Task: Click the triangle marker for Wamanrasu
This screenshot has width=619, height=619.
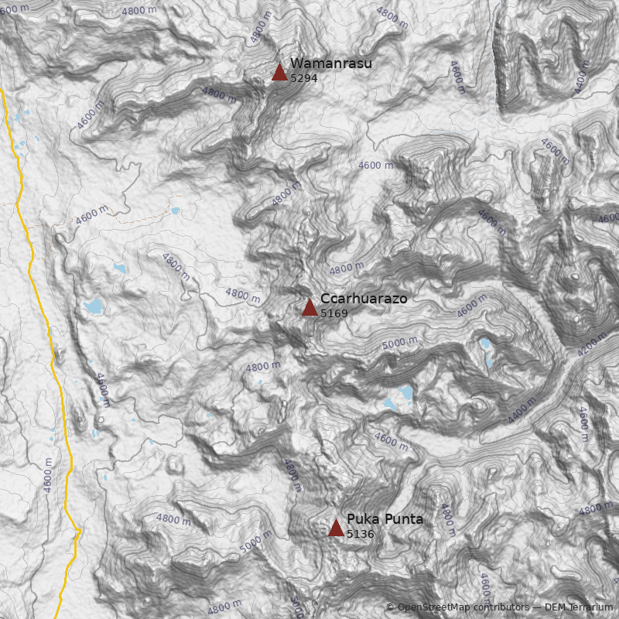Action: pos(279,72)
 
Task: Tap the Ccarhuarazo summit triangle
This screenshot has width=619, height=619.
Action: pos(309,307)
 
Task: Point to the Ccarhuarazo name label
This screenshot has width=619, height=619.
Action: pos(364,299)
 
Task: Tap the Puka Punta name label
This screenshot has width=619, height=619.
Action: pos(385,519)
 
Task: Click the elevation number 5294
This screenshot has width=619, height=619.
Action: pos(303,78)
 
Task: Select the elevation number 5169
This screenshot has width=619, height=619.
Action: pos(333,313)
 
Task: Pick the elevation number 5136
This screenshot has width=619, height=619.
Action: pos(360,534)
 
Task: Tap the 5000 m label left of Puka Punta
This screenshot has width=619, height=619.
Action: pos(255,541)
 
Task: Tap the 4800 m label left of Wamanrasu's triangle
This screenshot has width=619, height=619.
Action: pos(219,94)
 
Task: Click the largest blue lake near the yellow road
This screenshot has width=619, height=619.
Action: pos(94,306)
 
